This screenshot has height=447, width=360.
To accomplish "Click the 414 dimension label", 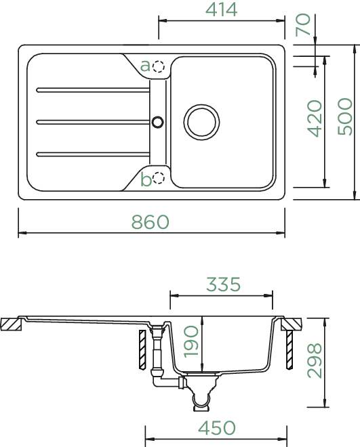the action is tap(222, 9).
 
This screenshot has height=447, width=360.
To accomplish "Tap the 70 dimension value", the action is tap(303, 24).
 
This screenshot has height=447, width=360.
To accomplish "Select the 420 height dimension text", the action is tap(315, 119).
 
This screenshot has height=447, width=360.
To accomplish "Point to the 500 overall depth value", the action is tap(345, 116).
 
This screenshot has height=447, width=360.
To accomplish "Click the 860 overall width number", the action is tap(151, 222).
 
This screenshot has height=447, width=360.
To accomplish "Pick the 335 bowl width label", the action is tap(223, 284).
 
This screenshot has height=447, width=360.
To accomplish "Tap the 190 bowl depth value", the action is tap(191, 341).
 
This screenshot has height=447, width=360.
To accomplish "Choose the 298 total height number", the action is tap(315, 360).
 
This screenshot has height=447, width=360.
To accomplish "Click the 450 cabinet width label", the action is tap(217, 428).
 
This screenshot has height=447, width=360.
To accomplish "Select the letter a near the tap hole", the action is tap(145, 66).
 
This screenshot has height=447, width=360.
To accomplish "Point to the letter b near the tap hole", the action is tap(146, 179).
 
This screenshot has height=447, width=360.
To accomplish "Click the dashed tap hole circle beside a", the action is tap(159, 66).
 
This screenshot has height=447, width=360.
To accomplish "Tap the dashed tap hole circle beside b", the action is tap(159, 178).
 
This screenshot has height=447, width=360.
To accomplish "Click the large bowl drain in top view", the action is tap(201, 123).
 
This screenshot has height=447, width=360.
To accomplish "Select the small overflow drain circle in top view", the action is tap(157, 122).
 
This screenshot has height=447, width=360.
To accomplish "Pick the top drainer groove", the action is tap(93, 90).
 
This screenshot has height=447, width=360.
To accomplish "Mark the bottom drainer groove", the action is tap(93, 154).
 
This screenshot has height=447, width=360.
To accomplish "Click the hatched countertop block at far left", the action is tap(11, 324).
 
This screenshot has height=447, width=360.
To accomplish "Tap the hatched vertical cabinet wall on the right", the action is tap(289, 349).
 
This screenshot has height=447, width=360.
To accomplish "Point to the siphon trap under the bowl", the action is tap(201, 393).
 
